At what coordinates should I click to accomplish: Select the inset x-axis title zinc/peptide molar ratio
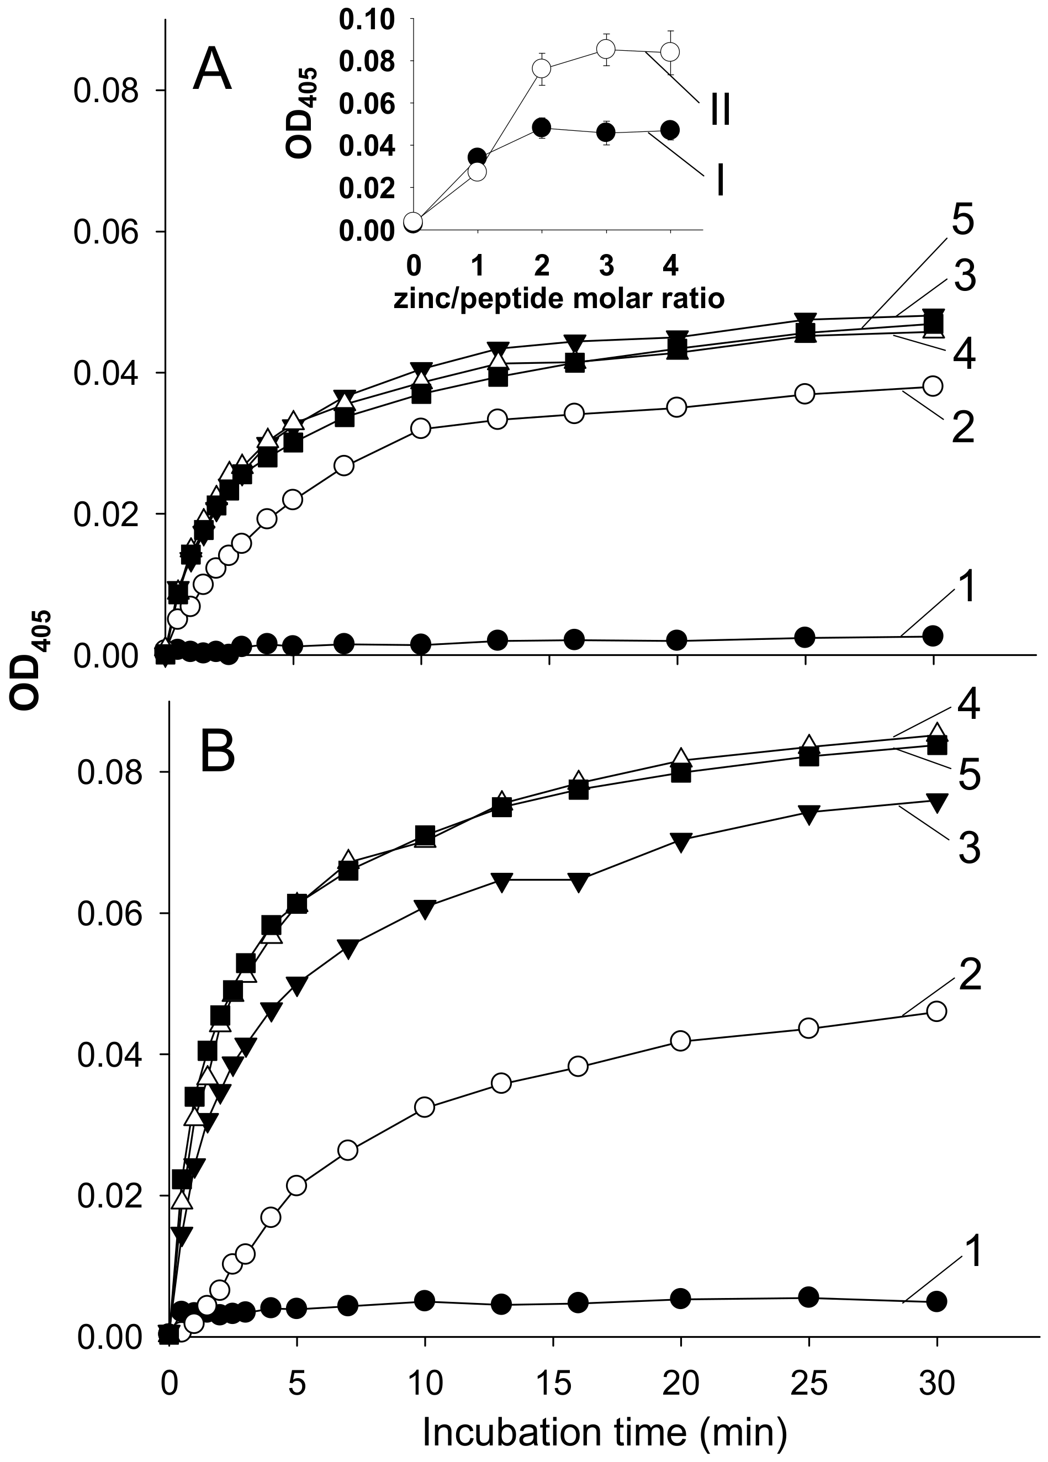pos(558,299)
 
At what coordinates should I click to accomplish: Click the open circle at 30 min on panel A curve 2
pos(933,385)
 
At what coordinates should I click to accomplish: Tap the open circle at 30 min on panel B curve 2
pos(936,1010)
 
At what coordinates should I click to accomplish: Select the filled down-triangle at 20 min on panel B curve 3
pos(681,840)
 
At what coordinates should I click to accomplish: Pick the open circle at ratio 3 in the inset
pos(605,49)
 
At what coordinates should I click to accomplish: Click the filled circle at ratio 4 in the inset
pos(670,130)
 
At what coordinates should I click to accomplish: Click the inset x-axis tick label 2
pos(542,266)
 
